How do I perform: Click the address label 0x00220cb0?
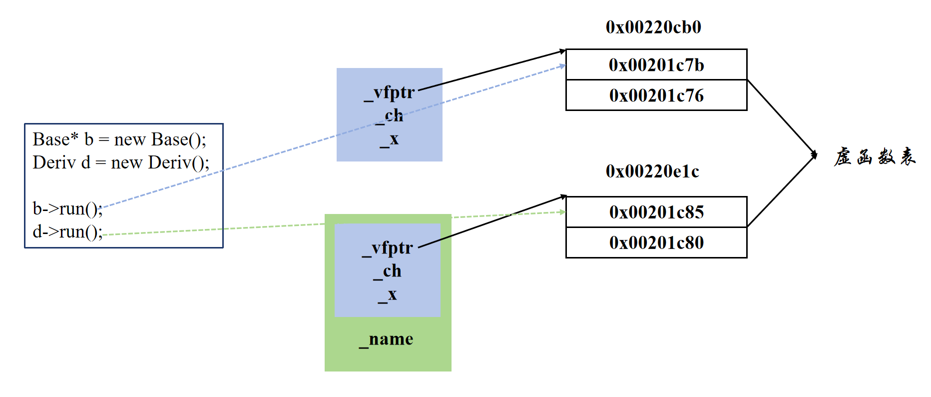point(653,27)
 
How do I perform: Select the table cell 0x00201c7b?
point(656,64)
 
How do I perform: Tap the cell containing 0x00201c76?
point(656,95)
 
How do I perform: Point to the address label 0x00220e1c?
point(652,171)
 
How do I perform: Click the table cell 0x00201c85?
point(656,212)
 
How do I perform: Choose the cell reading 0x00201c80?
point(656,242)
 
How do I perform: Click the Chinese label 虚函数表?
point(875,156)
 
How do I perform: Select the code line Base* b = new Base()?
point(119,139)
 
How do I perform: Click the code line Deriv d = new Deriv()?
point(121,162)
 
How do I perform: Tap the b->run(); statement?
point(67,208)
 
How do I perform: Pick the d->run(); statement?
point(67,231)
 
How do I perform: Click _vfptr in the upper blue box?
point(390,93)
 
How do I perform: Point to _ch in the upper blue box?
point(389,116)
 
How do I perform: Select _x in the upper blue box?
point(389,139)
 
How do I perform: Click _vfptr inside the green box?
point(388,248)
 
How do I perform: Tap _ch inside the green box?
point(387,271)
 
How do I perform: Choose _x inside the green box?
point(387,294)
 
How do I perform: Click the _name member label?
point(386,339)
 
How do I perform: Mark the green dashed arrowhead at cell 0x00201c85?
point(563,212)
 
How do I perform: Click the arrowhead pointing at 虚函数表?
point(814,155)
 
